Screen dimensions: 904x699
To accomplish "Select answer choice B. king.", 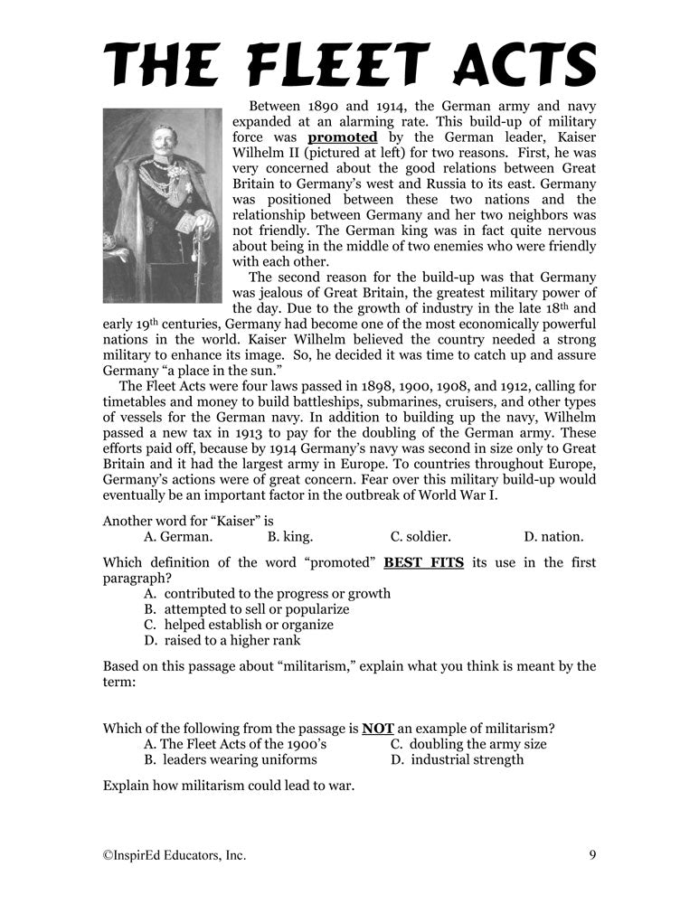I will pyautogui.click(x=290, y=536).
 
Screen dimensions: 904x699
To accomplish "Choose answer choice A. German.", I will pyautogui.click(x=178, y=536).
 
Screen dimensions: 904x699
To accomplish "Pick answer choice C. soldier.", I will pyautogui.click(x=420, y=536).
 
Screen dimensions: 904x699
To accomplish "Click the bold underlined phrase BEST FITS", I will pyautogui.click(x=424, y=562).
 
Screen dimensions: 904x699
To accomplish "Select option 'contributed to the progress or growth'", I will pyautogui.click(x=267, y=593).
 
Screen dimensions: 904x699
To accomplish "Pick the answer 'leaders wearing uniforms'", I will pyautogui.click(x=231, y=759).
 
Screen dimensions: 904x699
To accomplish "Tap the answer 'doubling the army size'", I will pyautogui.click(x=468, y=744).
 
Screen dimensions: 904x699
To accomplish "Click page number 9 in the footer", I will pyautogui.click(x=591, y=854).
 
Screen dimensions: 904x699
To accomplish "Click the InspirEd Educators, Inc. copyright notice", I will pyautogui.click(x=175, y=854).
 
